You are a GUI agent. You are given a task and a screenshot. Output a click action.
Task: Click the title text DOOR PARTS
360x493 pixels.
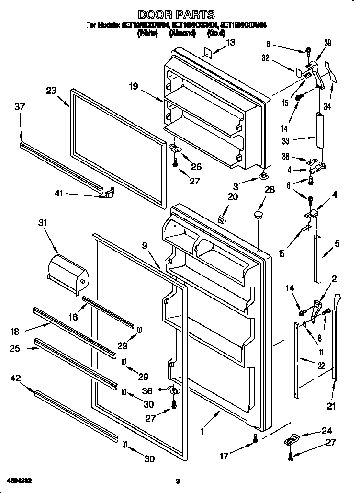[x=176, y=15]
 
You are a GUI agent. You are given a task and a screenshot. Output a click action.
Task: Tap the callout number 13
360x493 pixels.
[x=231, y=43]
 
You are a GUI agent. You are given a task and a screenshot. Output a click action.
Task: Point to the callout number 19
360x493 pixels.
[x=133, y=86]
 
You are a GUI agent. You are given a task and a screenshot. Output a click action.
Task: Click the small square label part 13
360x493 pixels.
[x=207, y=52]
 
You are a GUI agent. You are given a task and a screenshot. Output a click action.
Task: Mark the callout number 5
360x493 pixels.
[x=337, y=244]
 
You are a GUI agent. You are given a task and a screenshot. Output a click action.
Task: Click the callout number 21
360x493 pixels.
[x=331, y=407]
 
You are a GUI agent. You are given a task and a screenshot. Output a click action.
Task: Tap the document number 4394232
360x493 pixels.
[x=20, y=480]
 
